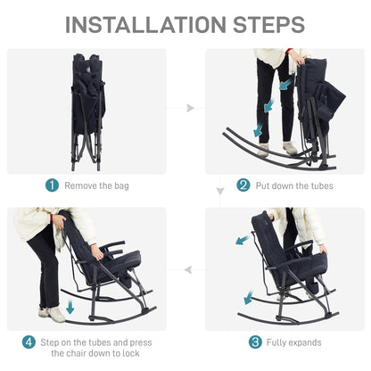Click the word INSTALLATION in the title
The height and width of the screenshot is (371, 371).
[145, 25]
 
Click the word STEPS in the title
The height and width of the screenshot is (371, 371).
[269, 25]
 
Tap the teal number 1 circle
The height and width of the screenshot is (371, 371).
[52, 185]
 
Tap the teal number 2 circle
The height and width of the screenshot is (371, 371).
[243, 185]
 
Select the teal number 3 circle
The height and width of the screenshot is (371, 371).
[255, 342]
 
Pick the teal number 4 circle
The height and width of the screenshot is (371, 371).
[29, 342]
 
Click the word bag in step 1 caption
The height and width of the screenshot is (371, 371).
[121, 186]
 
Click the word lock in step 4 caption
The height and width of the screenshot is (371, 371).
[131, 353]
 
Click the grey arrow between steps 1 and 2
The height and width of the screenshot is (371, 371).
[190, 108]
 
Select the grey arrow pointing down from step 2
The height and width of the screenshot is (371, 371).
[220, 191]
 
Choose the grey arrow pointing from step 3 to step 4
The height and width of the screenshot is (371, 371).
[188, 270]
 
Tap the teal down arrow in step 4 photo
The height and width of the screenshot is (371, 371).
[70, 307]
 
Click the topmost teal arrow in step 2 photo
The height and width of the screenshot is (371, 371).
[286, 85]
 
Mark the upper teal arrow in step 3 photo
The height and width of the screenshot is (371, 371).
[243, 240]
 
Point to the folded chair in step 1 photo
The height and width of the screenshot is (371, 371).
[87, 111]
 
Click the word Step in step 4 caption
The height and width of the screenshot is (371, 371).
[50, 342]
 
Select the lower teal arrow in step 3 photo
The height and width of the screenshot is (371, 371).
[248, 298]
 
